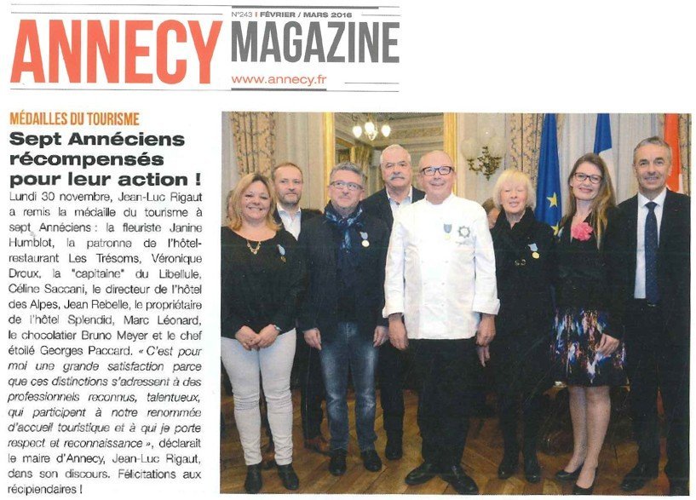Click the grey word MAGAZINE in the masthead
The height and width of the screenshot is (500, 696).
pos(314,42)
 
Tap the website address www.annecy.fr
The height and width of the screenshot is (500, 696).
pos(279,79)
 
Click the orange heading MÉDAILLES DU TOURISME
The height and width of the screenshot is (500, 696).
pos(74,119)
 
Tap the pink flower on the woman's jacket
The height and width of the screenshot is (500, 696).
pos(581,231)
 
